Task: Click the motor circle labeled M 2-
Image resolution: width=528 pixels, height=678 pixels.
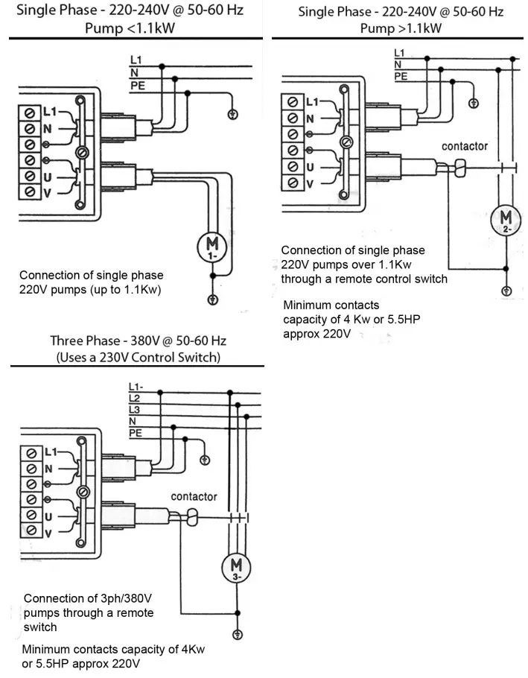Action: pos(506,221)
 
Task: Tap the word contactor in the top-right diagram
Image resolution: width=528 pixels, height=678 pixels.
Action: pos(464,146)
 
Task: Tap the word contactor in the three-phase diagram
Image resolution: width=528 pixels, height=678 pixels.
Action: pos(194,496)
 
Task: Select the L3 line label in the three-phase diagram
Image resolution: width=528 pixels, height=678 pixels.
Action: pos(134,410)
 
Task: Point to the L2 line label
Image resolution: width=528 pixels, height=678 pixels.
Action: pos(134,399)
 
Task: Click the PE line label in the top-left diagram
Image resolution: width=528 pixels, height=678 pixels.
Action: pos(137,86)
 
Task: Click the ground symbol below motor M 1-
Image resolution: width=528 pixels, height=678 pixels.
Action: pos(212,300)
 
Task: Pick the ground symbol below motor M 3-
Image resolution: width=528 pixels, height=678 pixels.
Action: pos(237,635)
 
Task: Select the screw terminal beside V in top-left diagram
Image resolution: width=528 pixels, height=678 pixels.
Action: pos(30,191)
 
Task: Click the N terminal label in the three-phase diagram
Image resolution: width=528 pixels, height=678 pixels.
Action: pos(48,469)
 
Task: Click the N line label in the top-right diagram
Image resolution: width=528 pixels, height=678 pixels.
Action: pos(398,65)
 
